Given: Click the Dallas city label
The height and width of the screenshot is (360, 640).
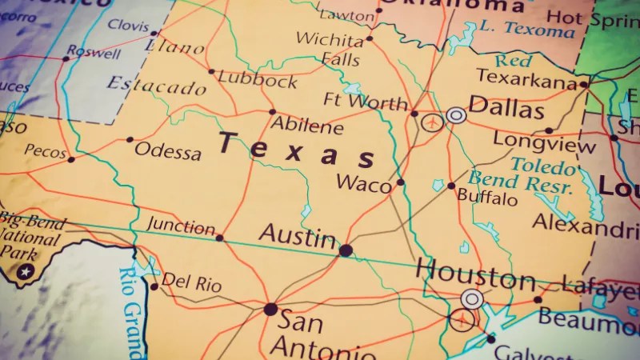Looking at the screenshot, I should (506, 106).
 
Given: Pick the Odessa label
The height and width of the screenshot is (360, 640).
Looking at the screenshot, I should (168, 150).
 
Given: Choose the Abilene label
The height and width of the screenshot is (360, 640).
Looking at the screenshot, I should (307, 126).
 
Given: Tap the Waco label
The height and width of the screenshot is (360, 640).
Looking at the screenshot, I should (364, 182).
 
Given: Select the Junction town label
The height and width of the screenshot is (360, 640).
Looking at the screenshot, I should (182, 226).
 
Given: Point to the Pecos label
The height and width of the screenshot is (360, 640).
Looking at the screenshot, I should (46, 150).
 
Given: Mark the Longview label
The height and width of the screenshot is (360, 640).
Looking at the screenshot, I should (544, 141).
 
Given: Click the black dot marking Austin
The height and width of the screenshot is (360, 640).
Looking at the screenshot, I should (346, 250).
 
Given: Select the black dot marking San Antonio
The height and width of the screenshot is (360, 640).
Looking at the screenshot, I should (270, 309).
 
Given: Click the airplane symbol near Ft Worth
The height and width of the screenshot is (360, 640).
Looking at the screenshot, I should (433, 122).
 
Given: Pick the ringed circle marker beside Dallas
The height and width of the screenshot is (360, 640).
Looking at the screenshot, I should (456, 115).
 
